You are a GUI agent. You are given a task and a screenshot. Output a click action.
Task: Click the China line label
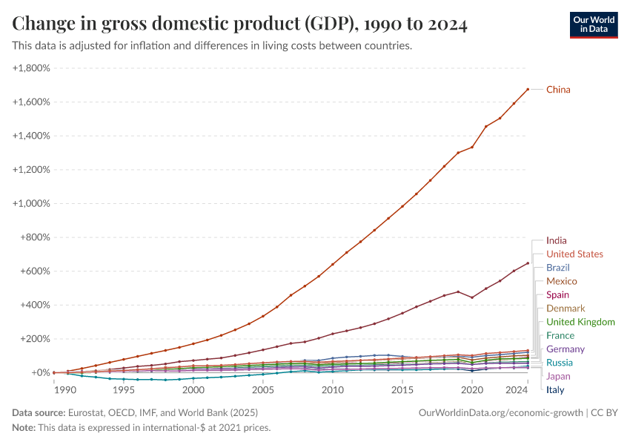(x=558, y=90)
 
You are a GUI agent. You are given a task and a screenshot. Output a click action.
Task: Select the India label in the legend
(x=556, y=240)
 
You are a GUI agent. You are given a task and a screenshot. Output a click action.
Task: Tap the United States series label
(x=574, y=254)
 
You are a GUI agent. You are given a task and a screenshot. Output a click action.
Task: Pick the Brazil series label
(x=557, y=268)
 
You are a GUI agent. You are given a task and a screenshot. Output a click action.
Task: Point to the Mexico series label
(x=561, y=281)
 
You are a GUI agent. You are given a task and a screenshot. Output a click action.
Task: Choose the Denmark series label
(x=566, y=309)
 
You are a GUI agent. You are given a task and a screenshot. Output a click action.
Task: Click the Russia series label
(x=559, y=363)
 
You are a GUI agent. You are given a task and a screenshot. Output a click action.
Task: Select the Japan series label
(x=558, y=376)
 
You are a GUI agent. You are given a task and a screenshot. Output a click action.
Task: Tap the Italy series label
(x=555, y=389)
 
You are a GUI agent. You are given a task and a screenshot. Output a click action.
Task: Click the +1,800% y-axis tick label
(x=31, y=68)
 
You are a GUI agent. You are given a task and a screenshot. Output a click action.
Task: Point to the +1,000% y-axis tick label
(x=31, y=203)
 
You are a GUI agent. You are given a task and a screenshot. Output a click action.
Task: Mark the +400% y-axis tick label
(x=35, y=305)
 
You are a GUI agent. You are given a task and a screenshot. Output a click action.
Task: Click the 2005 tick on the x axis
(x=263, y=389)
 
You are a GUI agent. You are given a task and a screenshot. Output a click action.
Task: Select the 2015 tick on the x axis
(x=402, y=389)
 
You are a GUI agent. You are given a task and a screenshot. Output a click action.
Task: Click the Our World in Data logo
(x=593, y=24)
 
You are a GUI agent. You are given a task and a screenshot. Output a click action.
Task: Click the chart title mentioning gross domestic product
(x=239, y=24)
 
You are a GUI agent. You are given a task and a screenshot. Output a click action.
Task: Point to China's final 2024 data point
(x=528, y=90)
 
